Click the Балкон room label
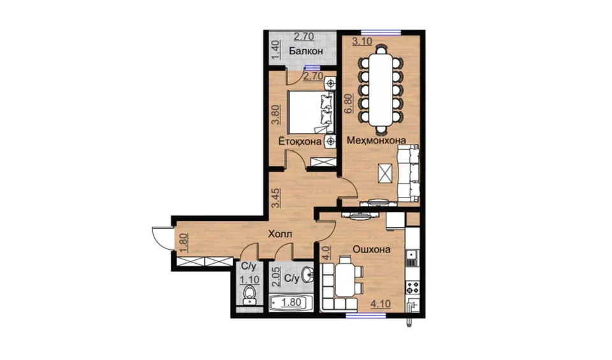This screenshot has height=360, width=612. pos(306,51)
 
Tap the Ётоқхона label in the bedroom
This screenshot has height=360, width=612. pos(300,141)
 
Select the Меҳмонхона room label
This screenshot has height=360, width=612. pos(376,140)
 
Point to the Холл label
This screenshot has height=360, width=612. pos(280,234)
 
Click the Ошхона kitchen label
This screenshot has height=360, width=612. pos(372,249)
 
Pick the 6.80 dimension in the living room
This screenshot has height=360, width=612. pos(348,103)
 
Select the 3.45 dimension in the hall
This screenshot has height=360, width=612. pos(275,198)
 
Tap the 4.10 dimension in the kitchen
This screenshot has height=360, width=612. pos(381,304)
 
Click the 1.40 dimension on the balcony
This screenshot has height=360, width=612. pos(275,50)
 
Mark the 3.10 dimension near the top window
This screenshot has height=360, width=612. pos(362,41)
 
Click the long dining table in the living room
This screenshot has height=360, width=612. pos(381,90)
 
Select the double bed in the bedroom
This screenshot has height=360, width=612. pos(311,112)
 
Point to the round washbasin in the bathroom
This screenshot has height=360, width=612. pos(309,275)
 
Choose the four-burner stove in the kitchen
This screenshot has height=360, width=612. pos(412,287)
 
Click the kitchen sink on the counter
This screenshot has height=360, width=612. pos(412,256)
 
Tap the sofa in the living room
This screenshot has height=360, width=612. pos(408,173)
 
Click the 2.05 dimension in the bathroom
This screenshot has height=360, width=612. pos(275,277)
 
